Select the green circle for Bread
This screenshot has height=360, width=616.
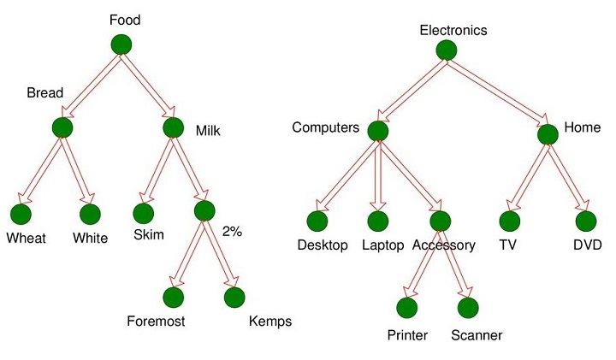click(62, 127)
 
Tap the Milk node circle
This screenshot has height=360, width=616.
click(173, 127)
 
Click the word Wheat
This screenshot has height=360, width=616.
click(26, 238)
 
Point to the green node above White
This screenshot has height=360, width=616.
click(89, 215)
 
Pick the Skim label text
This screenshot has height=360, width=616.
click(149, 234)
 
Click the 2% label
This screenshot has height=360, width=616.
click(233, 232)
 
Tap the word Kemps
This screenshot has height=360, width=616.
click(270, 322)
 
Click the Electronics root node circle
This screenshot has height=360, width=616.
click(446, 50)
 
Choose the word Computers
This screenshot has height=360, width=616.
click(325, 127)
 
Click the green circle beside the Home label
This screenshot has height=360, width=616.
click(548, 134)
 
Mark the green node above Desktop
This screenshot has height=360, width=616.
click(318, 221)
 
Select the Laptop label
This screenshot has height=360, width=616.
click(382, 245)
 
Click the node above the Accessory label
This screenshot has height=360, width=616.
click(441, 221)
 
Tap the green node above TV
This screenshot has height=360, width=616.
click(510, 221)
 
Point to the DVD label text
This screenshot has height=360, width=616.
click(588, 245)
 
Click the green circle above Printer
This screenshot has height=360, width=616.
click(406, 307)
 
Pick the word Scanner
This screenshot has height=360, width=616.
click(477, 335)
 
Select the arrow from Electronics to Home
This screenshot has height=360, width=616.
click(498, 92)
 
